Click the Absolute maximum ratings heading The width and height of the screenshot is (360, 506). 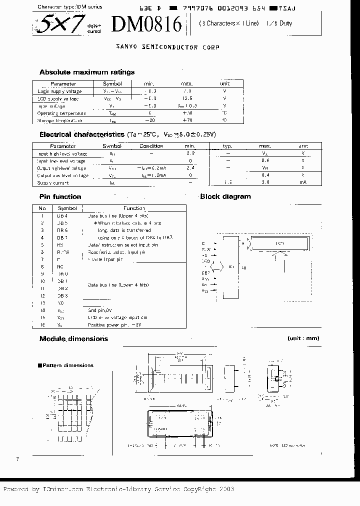click(86, 72)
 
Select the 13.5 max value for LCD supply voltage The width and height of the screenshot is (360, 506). click(187, 99)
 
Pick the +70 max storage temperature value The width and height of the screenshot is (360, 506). click(187, 120)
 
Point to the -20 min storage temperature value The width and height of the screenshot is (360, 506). click(149, 120)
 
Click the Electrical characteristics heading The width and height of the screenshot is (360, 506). click(82, 134)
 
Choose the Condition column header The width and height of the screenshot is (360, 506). click(151, 146)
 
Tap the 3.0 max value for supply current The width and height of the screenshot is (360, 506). click(265, 183)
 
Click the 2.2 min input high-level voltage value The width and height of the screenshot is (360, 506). click(190, 153)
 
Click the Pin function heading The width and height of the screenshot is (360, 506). click(60, 196)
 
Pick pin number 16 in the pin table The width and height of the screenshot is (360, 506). click(42, 325)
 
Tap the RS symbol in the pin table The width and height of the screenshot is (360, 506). click(60, 245)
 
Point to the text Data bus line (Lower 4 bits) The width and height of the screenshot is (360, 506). click(118, 284)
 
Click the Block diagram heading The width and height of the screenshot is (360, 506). click(225, 196)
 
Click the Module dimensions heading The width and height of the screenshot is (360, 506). click(73, 339)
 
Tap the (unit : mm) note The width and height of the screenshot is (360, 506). click(303, 338)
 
